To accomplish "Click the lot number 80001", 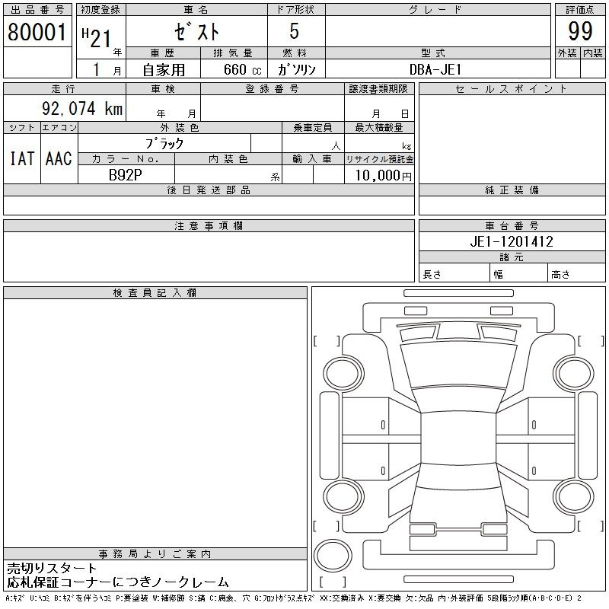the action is click(37, 32).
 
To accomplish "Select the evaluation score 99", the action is click(580, 31).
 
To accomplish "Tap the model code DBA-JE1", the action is click(435, 69).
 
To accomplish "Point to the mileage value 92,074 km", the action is click(82, 108).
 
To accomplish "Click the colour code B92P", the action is click(125, 175).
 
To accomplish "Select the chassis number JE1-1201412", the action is click(512, 241).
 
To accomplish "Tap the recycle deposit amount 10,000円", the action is click(384, 176).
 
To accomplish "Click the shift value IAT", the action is click(22, 158).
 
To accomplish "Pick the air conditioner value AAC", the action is click(59, 158).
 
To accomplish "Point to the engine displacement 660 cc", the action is click(242, 70).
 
